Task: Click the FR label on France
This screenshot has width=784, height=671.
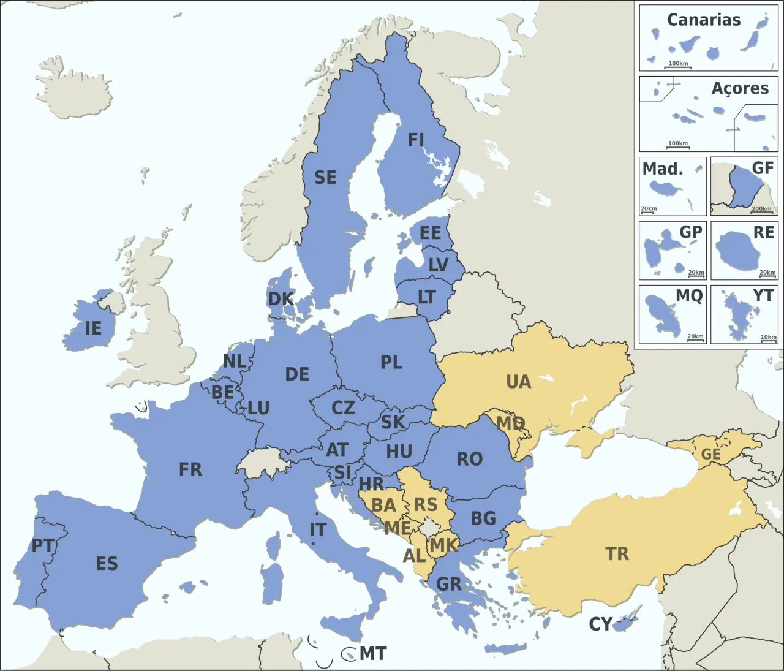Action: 190,469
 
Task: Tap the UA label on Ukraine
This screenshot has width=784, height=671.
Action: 518,382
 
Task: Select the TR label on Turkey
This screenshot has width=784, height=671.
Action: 617,554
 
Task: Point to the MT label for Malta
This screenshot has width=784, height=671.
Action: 372,654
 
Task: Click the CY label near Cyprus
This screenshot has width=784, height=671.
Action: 600,624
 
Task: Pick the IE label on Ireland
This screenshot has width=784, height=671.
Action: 93,328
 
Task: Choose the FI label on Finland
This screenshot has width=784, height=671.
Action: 416,140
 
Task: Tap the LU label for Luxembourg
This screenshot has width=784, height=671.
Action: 258,408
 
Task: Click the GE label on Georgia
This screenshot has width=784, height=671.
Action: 710,454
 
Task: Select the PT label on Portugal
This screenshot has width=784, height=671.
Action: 43,545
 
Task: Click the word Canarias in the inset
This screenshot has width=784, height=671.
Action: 703,20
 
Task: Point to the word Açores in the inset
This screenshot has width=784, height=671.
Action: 739,88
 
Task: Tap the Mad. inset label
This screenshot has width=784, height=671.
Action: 662,169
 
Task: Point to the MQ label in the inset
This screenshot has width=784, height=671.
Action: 688,296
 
